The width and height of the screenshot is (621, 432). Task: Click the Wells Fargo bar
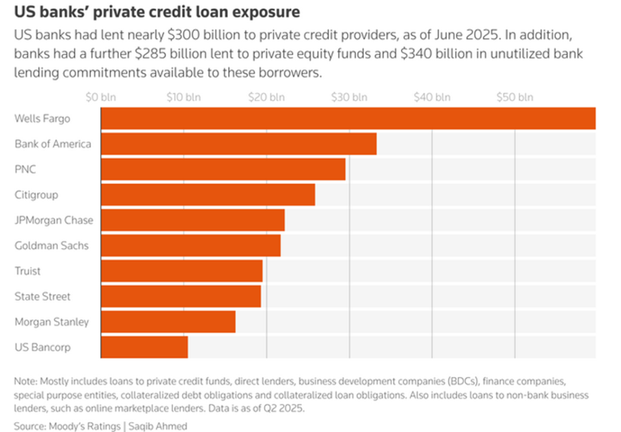(348, 118)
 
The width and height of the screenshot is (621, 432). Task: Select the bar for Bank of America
(238, 144)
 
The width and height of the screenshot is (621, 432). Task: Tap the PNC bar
(223, 169)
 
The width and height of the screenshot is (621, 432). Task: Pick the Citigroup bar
(207, 194)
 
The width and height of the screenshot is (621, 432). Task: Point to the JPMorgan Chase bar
(192, 220)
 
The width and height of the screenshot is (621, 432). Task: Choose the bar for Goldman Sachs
(190, 245)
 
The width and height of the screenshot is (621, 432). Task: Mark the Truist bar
(181, 271)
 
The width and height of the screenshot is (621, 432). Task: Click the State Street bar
(181, 296)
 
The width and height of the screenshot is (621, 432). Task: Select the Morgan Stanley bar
(168, 322)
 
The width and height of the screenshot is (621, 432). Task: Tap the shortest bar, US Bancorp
(144, 347)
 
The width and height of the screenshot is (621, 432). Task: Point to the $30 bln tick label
(349, 97)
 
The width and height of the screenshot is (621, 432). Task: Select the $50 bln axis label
(515, 97)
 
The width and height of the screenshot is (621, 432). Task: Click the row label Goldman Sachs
(52, 245)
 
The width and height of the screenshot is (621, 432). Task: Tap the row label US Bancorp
(42, 347)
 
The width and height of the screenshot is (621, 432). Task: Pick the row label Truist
(27, 271)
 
